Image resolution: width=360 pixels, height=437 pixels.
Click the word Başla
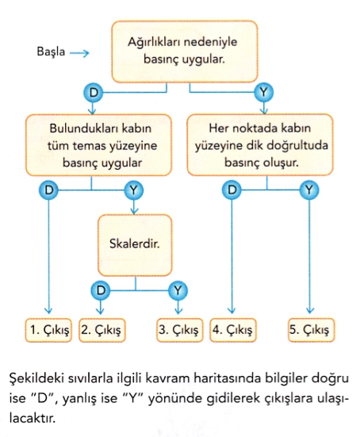tap(51, 52)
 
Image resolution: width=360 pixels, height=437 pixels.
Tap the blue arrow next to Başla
tap(79, 53)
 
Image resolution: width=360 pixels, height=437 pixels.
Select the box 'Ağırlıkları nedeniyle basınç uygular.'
tap(185, 52)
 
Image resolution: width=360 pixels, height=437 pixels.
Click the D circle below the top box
tap(93, 93)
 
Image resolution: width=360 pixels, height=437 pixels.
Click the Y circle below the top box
tap(263, 92)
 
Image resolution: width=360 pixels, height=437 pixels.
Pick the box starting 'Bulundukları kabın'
tap(98, 145)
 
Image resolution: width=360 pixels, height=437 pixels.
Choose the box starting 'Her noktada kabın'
tap(260, 144)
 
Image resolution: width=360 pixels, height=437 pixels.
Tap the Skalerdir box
tap(135, 245)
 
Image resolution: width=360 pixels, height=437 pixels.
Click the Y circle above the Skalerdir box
tap(134, 190)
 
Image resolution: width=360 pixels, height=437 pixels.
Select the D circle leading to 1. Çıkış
tap(48, 190)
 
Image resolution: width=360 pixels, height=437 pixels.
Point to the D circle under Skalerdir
tap(101, 291)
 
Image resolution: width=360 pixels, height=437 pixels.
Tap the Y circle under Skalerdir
tap(178, 291)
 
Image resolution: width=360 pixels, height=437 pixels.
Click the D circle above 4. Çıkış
tap(232, 190)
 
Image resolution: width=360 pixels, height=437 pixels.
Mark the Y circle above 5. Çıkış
tap(309, 190)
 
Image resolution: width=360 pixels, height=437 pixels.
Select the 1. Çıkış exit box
tap(48, 330)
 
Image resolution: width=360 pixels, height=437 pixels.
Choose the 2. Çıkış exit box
tap(102, 330)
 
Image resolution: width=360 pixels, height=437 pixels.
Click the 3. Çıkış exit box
tap(179, 330)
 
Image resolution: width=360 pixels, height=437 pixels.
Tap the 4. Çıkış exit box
tap(232, 330)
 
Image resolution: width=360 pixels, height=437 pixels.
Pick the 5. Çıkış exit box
tap(311, 330)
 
